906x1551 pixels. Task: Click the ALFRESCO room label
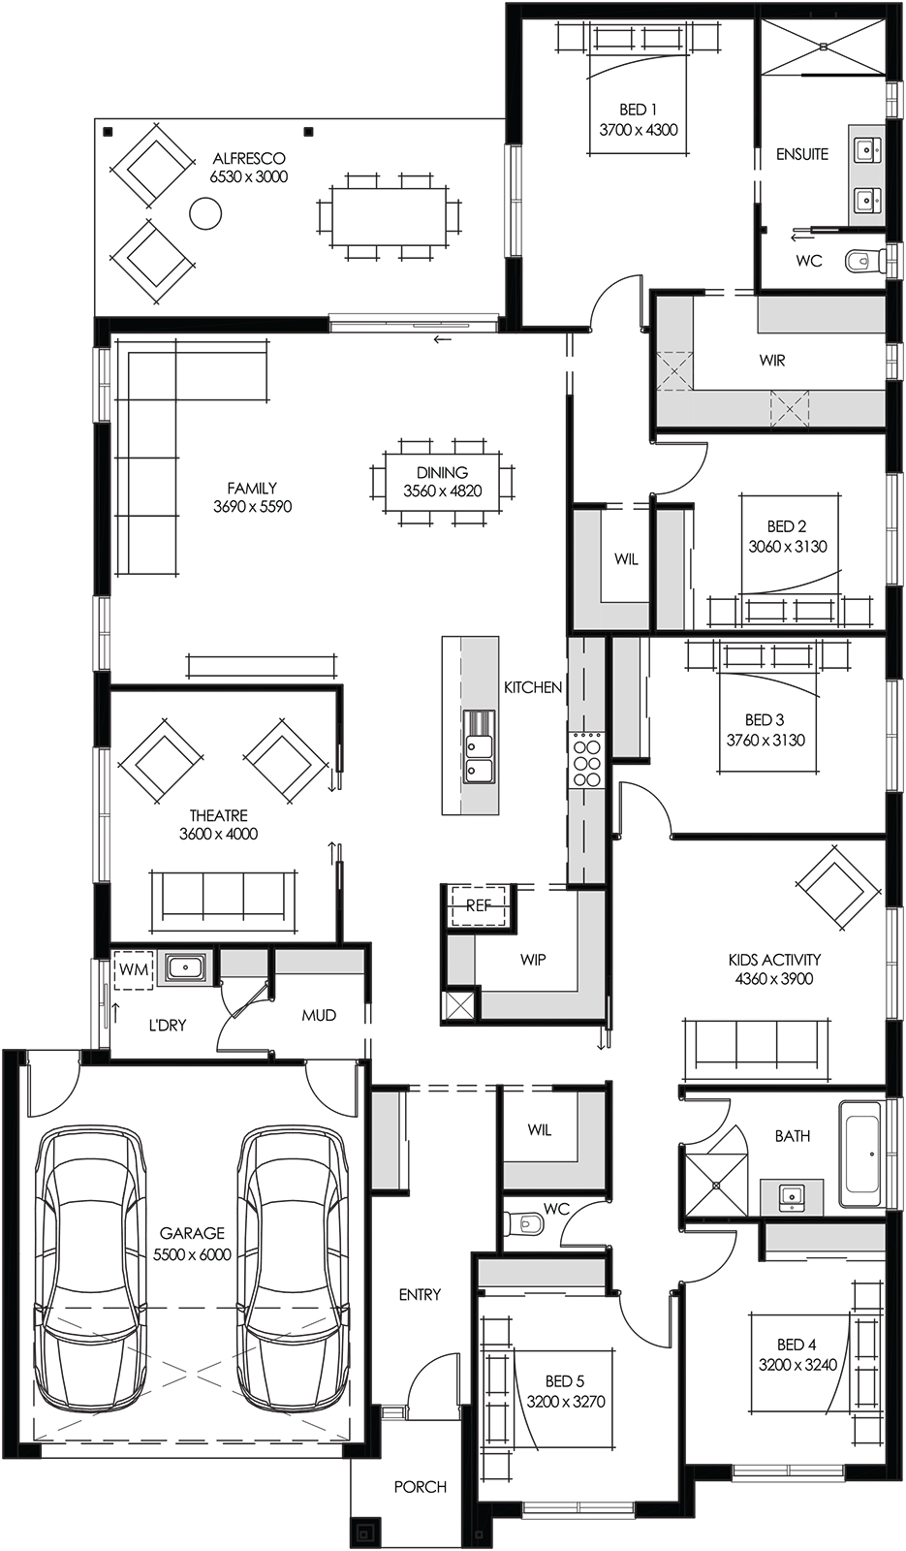(x=248, y=158)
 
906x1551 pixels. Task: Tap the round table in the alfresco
(x=204, y=212)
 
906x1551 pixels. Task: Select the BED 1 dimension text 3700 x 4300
(x=639, y=130)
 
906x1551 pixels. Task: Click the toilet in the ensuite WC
(x=862, y=260)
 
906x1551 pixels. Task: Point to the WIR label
(x=772, y=361)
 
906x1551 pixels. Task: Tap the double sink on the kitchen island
(x=479, y=746)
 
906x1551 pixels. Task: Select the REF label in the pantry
(x=479, y=905)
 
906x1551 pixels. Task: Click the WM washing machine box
(x=133, y=968)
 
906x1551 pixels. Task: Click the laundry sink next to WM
(x=182, y=967)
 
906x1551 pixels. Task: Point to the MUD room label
(x=319, y=1015)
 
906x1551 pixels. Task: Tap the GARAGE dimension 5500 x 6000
(x=192, y=1253)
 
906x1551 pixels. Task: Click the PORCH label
(x=420, y=1486)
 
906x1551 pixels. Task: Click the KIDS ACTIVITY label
(x=774, y=960)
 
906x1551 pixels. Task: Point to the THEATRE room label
(x=218, y=815)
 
